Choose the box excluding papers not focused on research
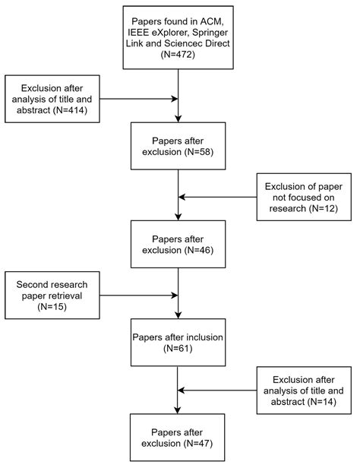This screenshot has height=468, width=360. tap(305, 198)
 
